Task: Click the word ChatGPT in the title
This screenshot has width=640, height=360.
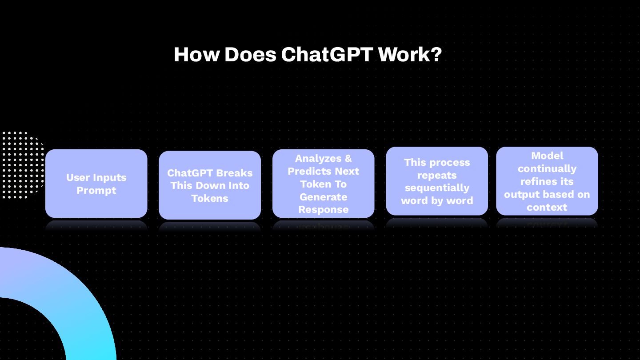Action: pos(327,55)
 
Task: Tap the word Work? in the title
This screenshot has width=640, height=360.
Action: pos(410,55)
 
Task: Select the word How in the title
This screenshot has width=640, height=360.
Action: pos(196,55)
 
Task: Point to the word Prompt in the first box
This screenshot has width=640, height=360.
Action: pos(96,191)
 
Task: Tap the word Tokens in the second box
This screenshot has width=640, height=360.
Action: pos(210,199)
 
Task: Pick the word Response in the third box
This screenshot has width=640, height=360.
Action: pos(323,210)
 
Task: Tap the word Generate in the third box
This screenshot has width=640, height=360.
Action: pos(323,197)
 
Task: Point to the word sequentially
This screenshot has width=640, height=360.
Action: pos(437,188)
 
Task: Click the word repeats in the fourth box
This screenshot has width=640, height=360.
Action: pos(437,175)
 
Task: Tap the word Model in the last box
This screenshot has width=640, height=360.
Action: pos(547,156)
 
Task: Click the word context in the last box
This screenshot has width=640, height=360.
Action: pos(547,208)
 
